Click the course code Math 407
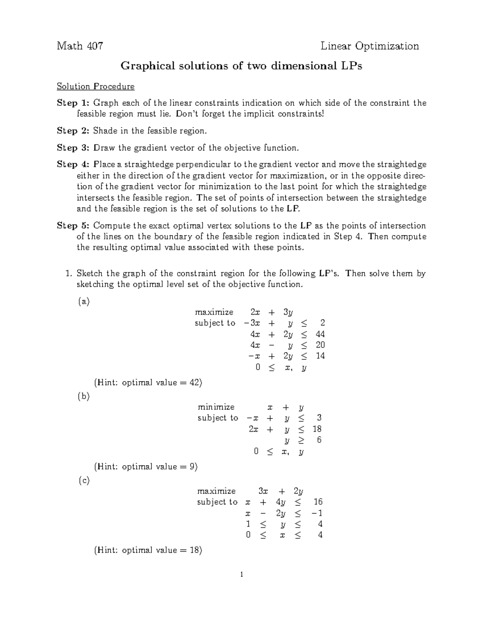80,46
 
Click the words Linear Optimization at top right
369,46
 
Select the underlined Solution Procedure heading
95,87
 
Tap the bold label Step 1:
73,103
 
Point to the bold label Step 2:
73,131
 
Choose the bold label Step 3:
73,148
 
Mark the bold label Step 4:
73,164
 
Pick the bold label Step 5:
73,225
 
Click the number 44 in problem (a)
320,334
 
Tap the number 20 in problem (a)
320,345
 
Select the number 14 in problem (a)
320,356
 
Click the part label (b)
83,396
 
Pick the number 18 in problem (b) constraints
317,429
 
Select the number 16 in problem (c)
318,502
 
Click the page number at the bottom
241,575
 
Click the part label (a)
83,301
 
